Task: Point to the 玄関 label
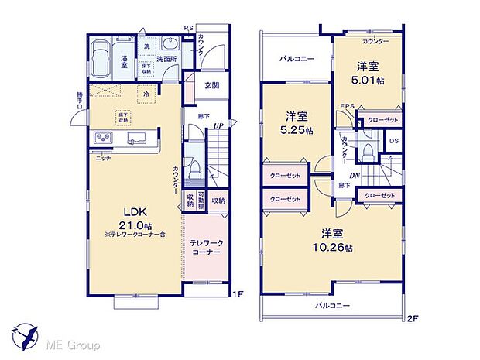[x=212, y=85]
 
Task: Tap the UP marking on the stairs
[x=219, y=125]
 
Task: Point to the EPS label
[x=345, y=109]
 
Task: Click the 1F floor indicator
[x=239, y=294]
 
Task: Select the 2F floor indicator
[x=413, y=317]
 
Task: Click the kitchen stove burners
[x=104, y=138]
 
